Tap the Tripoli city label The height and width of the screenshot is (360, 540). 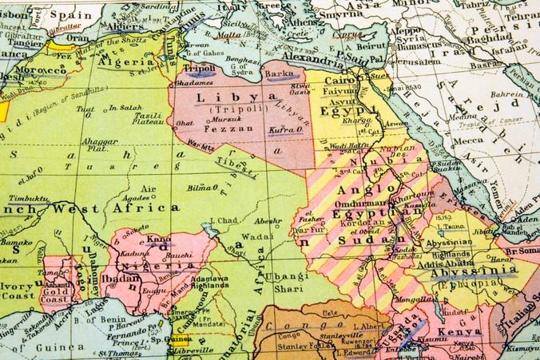(201, 68)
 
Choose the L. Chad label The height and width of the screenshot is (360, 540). (224, 220)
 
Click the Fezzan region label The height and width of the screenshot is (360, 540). (224, 127)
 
